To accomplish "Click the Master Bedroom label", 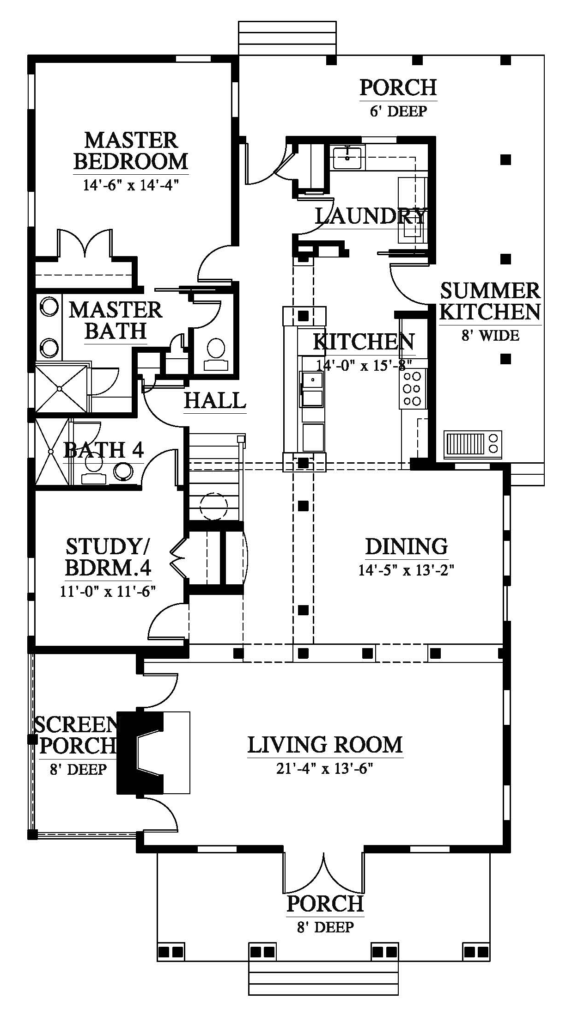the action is click(131, 151).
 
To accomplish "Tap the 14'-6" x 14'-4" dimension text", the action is click(131, 185).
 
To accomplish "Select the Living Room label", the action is click(325, 745).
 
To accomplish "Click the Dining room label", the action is click(407, 546).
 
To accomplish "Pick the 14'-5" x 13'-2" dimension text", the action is click(407, 570).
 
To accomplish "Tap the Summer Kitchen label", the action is click(490, 301).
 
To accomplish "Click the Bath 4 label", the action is click(103, 450).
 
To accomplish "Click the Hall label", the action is click(215, 400).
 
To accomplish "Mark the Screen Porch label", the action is click(76, 735).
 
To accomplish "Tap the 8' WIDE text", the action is click(490, 335).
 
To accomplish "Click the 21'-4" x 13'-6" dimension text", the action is click(325, 769).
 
